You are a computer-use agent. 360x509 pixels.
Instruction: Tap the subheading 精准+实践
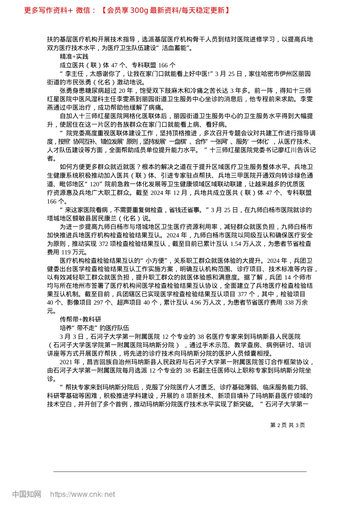click(74, 56)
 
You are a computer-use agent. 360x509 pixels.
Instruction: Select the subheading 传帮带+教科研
click(80, 319)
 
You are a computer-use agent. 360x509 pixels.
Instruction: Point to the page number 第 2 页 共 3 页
click(287, 425)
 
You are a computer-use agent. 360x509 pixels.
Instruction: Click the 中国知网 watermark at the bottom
click(27, 494)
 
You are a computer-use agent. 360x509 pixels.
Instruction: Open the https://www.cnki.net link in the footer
click(83, 494)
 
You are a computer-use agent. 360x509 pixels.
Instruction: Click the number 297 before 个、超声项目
click(99, 302)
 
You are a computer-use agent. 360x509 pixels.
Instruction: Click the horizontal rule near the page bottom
click(180, 472)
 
